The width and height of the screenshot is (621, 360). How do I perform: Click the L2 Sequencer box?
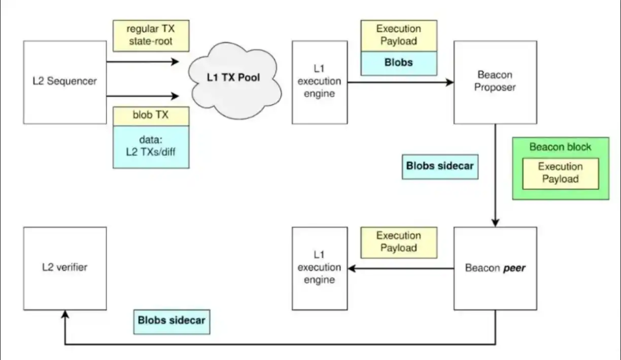64,82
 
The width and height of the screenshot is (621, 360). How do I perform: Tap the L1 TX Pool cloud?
233,78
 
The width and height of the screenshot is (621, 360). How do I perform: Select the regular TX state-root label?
151,35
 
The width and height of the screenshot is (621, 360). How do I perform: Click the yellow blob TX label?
151,115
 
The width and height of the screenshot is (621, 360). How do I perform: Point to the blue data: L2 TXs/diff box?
151,146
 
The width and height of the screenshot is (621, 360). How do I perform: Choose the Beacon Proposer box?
495,82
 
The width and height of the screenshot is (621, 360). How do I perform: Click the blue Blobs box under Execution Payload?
398,63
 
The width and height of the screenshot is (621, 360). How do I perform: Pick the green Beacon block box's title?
560,147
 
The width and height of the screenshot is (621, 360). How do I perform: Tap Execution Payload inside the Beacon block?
560,173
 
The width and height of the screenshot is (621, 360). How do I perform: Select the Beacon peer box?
495,268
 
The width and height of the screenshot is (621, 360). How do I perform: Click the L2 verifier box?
64,268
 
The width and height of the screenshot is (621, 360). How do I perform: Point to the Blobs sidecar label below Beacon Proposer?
440,166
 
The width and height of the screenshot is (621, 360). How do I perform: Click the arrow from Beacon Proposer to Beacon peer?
495,175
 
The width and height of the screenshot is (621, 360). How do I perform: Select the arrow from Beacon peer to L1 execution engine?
400,268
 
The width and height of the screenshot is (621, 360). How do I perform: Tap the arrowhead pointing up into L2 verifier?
64,314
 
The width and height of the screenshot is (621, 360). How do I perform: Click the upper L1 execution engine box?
319,82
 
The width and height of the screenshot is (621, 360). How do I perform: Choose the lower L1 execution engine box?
319,268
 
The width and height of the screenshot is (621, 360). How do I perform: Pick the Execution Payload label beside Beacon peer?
398,242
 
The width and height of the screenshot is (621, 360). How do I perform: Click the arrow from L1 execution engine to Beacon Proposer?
400,82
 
